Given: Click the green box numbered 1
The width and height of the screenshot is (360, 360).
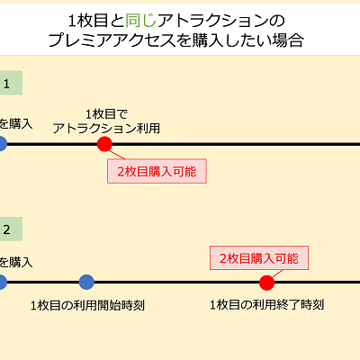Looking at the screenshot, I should pyautogui.click(x=9, y=85).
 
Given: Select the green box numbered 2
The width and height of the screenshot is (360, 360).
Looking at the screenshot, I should pyautogui.click(x=9, y=229).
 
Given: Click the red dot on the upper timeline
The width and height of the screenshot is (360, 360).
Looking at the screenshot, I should pyautogui.click(x=104, y=144).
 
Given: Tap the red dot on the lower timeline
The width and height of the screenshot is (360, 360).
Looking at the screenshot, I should pyautogui.click(x=266, y=283).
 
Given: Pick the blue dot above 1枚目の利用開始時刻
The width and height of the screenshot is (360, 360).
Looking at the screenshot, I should pyautogui.click(x=86, y=283).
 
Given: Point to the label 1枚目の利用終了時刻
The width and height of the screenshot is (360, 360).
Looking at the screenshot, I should pyautogui.click(x=266, y=305).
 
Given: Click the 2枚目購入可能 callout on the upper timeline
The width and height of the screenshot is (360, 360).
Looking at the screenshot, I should pyautogui.click(x=157, y=170).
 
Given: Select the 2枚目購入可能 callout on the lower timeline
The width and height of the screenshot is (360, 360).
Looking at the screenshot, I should pyautogui.click(x=257, y=257).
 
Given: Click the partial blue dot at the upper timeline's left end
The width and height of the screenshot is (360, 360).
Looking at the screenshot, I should pyautogui.click(x=2, y=144).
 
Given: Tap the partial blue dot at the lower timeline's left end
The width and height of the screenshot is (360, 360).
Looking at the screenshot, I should pyautogui.click(x=2, y=283).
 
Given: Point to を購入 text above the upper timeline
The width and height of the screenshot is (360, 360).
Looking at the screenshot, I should pyautogui.click(x=15, y=123).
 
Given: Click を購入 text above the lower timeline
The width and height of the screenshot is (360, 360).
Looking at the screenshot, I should pyautogui.click(x=15, y=262).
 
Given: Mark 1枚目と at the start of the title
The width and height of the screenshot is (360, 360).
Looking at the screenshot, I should pyautogui.click(x=96, y=19).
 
